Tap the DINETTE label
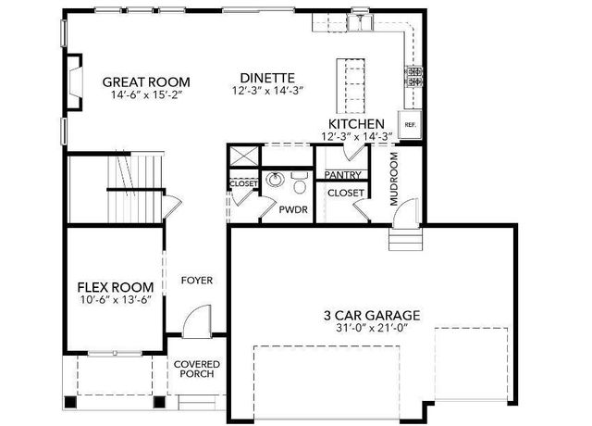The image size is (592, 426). (x=266, y=78)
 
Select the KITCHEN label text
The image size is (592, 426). (x=356, y=123)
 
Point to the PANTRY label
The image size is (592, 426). (x=342, y=174)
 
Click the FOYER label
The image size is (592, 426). (x=196, y=279)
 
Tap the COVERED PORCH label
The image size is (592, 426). (x=194, y=368)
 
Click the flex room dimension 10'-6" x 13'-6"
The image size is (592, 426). (x=115, y=300)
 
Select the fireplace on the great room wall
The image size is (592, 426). (x=71, y=78)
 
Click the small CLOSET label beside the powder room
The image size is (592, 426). (x=242, y=183)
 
